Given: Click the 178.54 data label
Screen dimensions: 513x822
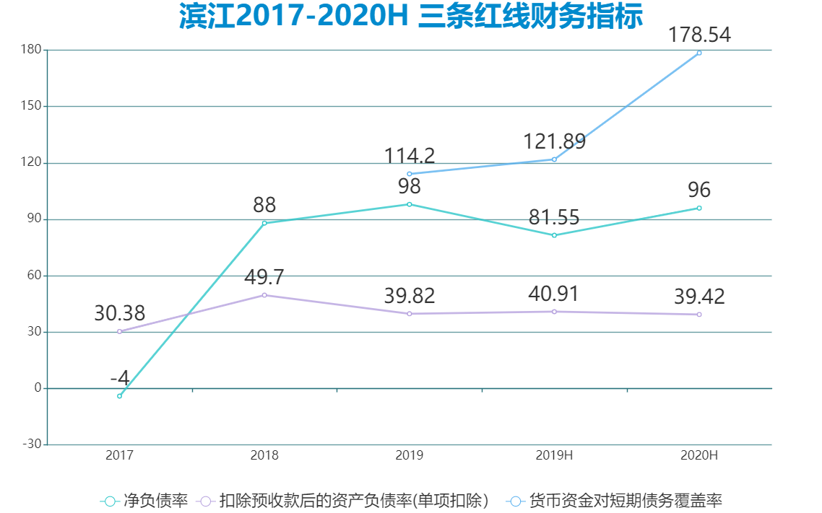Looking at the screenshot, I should pyautogui.click(x=698, y=35).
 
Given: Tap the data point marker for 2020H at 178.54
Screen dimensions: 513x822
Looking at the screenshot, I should pyautogui.click(x=698, y=53).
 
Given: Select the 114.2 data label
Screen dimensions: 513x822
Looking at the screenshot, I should pyautogui.click(x=409, y=156).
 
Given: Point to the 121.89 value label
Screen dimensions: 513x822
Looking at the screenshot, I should pyautogui.click(x=554, y=141).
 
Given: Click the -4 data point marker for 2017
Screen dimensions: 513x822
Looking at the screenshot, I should pyautogui.click(x=119, y=396).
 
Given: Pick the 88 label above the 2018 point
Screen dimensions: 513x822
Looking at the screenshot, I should pyautogui.click(x=264, y=205).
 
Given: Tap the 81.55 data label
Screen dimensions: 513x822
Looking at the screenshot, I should pyautogui.click(x=554, y=217).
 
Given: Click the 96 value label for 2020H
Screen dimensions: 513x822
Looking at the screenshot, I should pyautogui.click(x=698, y=190).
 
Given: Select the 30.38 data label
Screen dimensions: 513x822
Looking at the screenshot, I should pyautogui.click(x=119, y=314).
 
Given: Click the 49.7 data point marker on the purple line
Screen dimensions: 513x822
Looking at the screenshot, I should pyautogui.click(x=264, y=295).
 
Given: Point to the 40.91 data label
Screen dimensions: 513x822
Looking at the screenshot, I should pyautogui.click(x=554, y=294).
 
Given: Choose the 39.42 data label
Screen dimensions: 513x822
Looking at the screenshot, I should pyautogui.click(x=698, y=297).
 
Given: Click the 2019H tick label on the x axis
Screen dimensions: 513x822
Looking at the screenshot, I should pyautogui.click(x=554, y=455).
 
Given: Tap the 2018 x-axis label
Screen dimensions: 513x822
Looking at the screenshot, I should pyautogui.click(x=264, y=455).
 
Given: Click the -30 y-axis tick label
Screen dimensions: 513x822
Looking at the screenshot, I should pyautogui.click(x=31, y=444).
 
